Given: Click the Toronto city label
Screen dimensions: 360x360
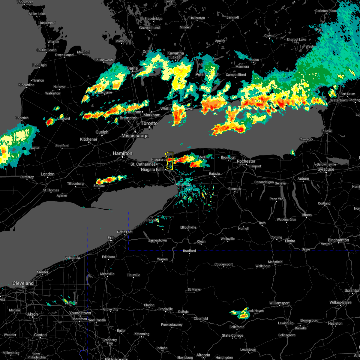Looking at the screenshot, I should [x=149, y=124].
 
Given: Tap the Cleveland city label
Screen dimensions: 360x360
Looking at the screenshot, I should [x=23, y=283].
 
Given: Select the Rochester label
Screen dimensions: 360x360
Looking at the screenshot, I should [x=246, y=161].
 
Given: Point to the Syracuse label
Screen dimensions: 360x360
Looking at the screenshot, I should [x=326, y=169].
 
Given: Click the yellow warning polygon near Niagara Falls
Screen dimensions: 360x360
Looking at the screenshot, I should [x=169, y=160].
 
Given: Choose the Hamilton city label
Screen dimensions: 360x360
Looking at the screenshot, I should [x=122, y=153].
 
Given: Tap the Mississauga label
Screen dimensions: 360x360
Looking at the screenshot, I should [x=135, y=136].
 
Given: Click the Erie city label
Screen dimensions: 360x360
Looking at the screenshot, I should [x=111, y=238].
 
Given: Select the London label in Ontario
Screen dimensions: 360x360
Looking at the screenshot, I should [x=47, y=174].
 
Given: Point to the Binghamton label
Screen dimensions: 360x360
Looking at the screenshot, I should [x=338, y=240].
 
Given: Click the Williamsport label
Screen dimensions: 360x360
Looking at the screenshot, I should [x=280, y=303].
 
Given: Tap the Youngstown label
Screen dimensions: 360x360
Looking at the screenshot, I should [x=80, y=313].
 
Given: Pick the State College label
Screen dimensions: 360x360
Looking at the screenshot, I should [x=232, y=335].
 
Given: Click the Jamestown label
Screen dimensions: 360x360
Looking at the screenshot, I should [x=157, y=241].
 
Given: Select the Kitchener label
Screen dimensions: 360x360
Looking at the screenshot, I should [x=88, y=139].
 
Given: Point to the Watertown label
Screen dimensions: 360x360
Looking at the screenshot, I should [x=339, y=100].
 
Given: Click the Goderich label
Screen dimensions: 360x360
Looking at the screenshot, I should [x=22, y=118].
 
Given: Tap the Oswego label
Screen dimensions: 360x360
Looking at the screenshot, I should [x=306, y=139].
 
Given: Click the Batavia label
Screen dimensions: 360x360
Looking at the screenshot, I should [x=214, y=174].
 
